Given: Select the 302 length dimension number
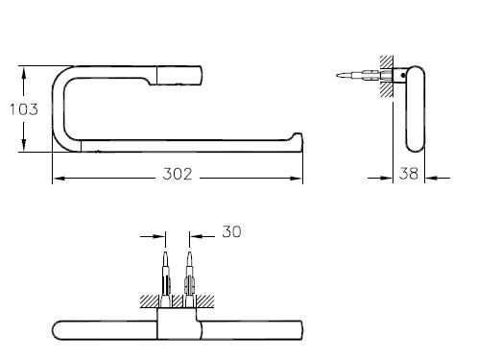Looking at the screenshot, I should [x=178, y=174].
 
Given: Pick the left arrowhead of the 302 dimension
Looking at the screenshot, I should [x=55, y=179].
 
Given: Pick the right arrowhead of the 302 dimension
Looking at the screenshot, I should [x=299, y=179].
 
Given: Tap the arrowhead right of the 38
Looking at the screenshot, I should [x=430, y=179].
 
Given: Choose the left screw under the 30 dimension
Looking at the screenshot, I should [x=165, y=274].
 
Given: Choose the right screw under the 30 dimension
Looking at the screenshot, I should [x=190, y=274].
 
